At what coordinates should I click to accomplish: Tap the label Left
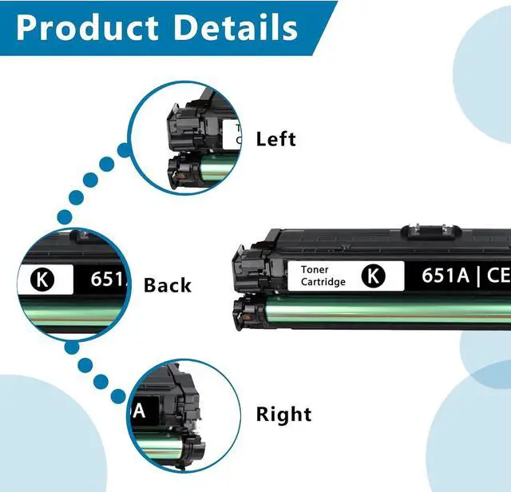pos(275,139)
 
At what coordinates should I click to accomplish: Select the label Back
pos(168,285)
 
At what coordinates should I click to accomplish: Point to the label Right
pos(283,415)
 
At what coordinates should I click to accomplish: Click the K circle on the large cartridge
pos(373,276)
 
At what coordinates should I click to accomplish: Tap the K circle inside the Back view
pos(42,280)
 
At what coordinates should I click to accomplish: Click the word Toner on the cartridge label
pos(315,270)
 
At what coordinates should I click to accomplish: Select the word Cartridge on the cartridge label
pos(323,282)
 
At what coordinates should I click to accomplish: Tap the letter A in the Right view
pos(139,411)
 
